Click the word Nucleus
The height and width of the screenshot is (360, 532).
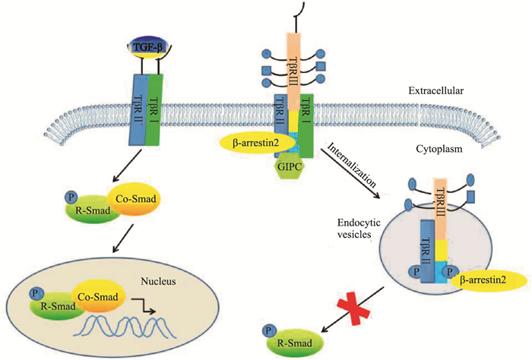[160, 281]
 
